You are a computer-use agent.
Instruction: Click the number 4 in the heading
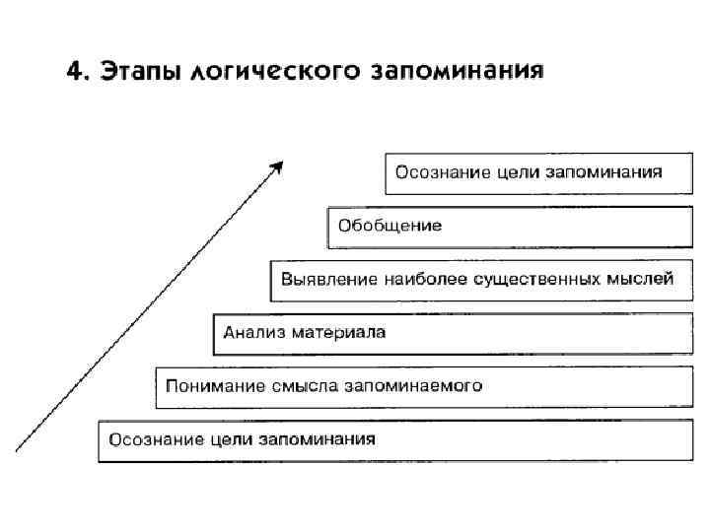tap(73, 73)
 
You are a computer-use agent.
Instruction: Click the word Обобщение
tap(390, 226)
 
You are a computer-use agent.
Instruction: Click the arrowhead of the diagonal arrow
tap(278, 166)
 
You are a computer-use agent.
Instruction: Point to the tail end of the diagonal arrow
tap(18, 449)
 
